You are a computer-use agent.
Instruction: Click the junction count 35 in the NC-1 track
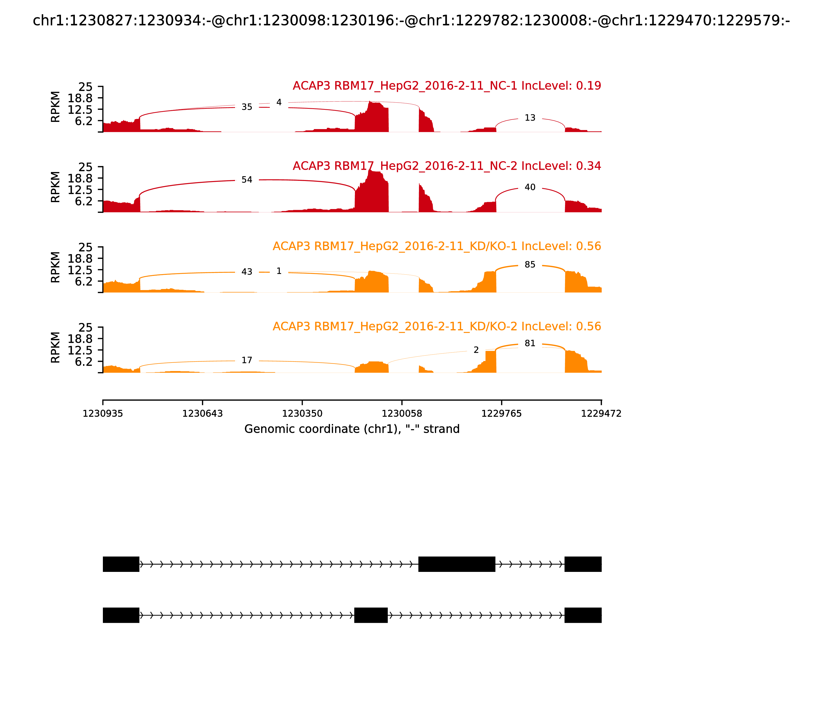click(247, 107)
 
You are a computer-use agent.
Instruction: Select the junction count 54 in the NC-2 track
click(247, 179)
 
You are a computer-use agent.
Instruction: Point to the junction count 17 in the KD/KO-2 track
click(247, 360)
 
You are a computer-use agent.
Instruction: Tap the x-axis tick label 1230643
click(203, 413)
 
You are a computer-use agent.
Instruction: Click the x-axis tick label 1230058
click(401, 413)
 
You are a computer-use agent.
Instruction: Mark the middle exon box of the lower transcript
click(371, 615)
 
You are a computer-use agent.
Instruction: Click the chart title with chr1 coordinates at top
click(411, 21)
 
